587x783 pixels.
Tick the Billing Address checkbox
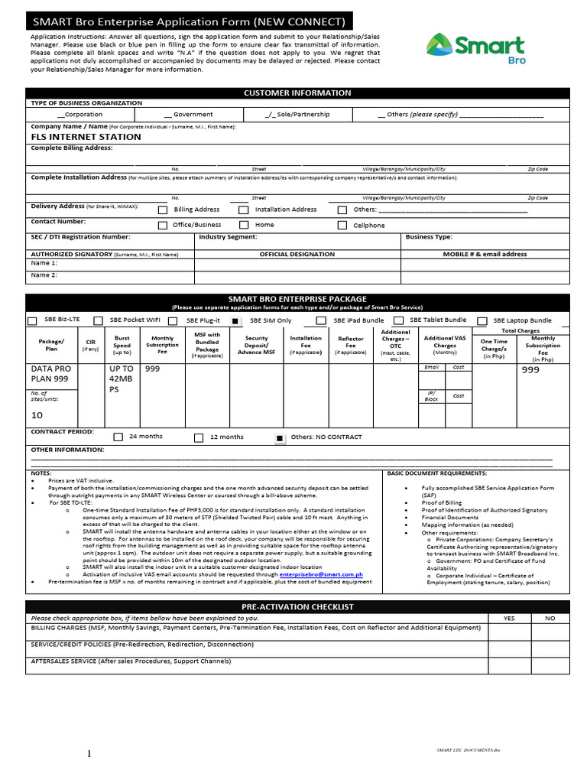(x=163, y=210)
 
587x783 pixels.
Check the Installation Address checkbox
(x=244, y=210)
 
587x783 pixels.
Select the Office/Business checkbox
(x=163, y=226)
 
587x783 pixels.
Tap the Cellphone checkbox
(x=342, y=226)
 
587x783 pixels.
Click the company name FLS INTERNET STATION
(x=86, y=137)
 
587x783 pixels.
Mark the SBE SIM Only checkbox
(x=236, y=321)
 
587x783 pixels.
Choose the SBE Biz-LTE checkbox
(x=32, y=321)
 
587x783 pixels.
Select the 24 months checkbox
(x=118, y=437)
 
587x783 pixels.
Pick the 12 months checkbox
(x=199, y=437)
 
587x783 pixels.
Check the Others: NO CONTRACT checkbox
(x=280, y=437)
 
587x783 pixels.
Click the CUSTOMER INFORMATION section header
(x=297, y=93)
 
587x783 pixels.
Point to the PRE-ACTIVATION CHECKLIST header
(x=297, y=606)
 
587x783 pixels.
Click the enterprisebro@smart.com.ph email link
(x=321, y=573)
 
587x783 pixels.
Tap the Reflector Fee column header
(x=350, y=345)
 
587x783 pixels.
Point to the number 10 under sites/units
(x=37, y=415)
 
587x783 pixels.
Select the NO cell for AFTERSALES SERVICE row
(x=550, y=665)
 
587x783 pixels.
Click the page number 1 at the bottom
(x=89, y=754)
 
